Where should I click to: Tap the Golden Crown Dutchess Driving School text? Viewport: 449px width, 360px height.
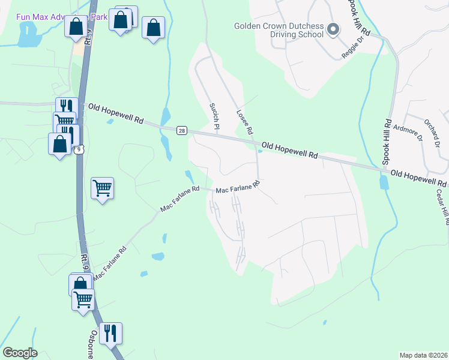(280, 31)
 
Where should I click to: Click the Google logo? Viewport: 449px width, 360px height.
(20, 353)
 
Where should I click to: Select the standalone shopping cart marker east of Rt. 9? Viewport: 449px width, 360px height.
(102, 188)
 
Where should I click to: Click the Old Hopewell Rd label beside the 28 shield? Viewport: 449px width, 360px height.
(116, 112)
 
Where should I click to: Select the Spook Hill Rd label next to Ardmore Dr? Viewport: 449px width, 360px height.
(387, 145)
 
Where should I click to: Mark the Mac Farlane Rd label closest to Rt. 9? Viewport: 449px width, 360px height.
(110, 262)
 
